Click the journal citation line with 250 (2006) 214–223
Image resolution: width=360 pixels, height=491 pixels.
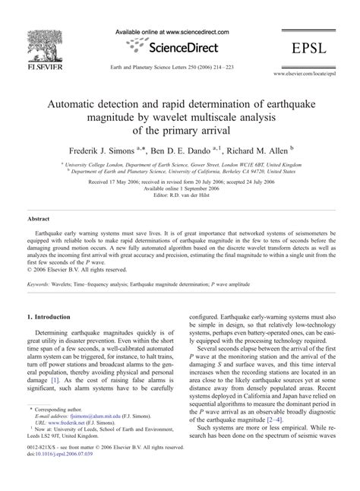pyautogui.click(x=179, y=64)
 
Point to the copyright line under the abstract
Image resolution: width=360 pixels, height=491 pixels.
pyautogui.click(x=77, y=268)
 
